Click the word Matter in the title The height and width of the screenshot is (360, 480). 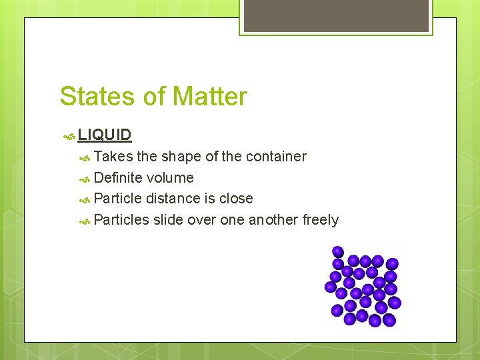(209, 97)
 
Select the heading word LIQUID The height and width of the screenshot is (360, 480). (105, 135)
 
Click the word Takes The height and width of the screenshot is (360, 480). (113, 157)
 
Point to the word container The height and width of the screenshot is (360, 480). (276, 157)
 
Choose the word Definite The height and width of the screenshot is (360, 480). (118, 178)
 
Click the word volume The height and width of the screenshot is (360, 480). (170, 178)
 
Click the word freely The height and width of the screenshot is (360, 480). (321, 220)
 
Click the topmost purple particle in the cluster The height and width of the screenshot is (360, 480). (338, 252)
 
